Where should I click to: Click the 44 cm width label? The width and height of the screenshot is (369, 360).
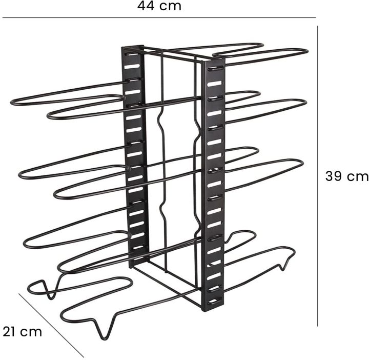coord(159,6)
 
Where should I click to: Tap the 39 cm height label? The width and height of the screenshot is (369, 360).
coord(347,176)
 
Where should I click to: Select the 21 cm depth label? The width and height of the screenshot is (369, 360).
coord(23,332)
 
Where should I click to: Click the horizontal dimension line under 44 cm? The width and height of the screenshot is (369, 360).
coord(159,17)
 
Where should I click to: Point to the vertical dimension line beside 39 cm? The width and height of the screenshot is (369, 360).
coord(317,176)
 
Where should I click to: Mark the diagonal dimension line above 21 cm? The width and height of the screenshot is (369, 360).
coord(51,325)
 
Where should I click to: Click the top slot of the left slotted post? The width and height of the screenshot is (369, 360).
coord(133,54)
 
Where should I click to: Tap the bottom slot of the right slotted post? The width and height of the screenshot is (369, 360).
coord(215,301)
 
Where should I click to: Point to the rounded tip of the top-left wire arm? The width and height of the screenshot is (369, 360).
coord(12,103)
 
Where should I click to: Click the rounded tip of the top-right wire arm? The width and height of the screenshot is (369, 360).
coord(306,52)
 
